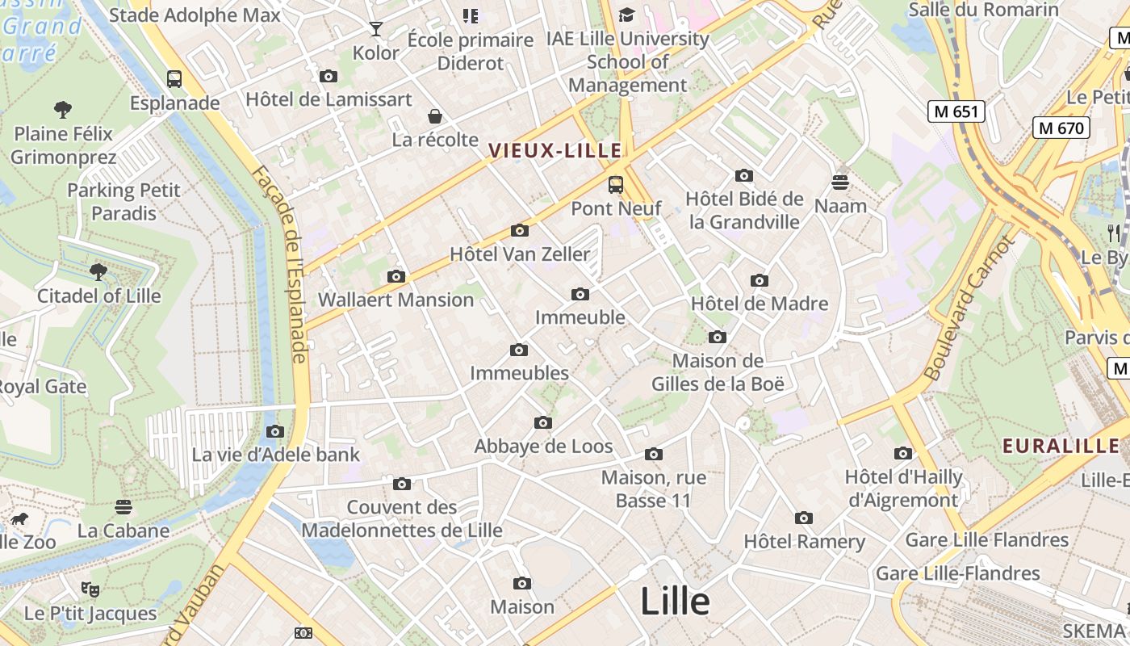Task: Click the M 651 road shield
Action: (x=956, y=111)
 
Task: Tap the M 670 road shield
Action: (x=1061, y=128)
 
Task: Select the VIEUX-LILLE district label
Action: (x=555, y=150)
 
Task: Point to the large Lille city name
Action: (x=675, y=602)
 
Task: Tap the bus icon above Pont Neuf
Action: (x=616, y=185)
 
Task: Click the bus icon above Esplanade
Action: (x=174, y=79)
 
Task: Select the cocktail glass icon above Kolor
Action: (x=376, y=30)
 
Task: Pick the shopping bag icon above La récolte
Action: (x=435, y=116)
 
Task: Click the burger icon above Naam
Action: (x=840, y=182)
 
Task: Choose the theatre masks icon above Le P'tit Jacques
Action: (x=90, y=589)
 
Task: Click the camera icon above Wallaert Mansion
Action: (x=395, y=277)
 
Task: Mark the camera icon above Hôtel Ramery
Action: (x=803, y=518)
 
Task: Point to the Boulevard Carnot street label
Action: (x=968, y=308)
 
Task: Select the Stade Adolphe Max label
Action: (x=195, y=15)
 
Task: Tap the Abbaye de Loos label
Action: (x=543, y=447)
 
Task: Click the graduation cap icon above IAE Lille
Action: (x=626, y=15)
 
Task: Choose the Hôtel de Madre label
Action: (x=760, y=304)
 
